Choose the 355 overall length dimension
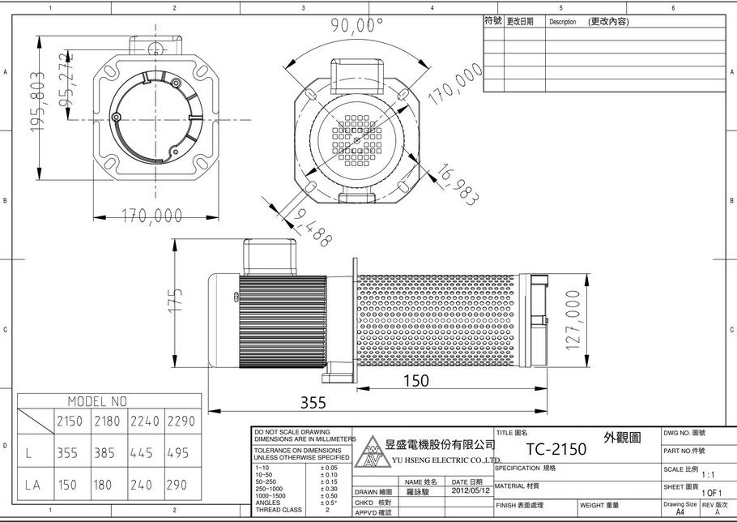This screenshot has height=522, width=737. tap(314, 403)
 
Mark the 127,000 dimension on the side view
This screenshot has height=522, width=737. tap(574, 319)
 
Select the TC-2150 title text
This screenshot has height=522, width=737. tap(556, 449)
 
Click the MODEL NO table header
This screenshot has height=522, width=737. tap(97, 401)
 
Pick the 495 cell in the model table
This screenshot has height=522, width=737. tap(181, 453)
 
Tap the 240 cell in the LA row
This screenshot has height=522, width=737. tap(141, 486)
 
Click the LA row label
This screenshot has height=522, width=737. tap(33, 486)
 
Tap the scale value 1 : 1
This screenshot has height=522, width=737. tap(707, 475)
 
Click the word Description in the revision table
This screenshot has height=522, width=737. tap(562, 22)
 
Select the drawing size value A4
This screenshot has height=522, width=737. tap(679, 512)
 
